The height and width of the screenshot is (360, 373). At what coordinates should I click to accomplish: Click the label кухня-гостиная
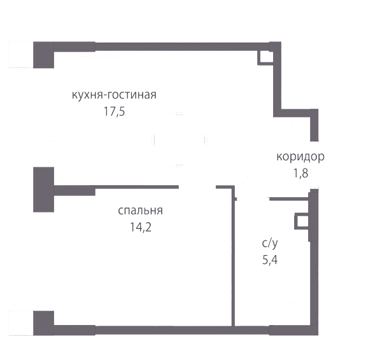tap(114, 95)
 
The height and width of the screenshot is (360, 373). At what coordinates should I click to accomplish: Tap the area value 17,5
tap(114, 111)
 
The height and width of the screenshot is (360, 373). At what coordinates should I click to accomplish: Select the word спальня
tap(140, 211)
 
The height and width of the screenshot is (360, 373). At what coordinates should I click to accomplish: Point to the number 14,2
tap(140, 227)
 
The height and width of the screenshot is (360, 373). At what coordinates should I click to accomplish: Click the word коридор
tap(300, 157)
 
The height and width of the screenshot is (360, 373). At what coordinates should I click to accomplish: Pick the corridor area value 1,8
tap(300, 174)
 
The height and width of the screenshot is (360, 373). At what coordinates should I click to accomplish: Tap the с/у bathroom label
tap(270, 244)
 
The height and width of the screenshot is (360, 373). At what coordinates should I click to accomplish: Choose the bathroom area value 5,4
tap(270, 260)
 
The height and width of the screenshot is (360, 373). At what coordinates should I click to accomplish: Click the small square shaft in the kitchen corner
tap(265, 58)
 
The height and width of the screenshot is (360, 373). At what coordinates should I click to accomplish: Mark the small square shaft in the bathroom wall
tap(302, 221)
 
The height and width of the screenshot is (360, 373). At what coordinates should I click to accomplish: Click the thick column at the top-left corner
tap(43, 55)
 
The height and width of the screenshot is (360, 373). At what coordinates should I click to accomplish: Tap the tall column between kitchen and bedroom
tap(43, 190)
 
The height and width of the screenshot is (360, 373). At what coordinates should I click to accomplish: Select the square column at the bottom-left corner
tap(43, 323)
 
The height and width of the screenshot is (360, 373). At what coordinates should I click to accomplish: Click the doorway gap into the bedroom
tap(197, 187)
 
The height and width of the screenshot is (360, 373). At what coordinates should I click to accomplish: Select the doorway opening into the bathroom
tap(253, 199)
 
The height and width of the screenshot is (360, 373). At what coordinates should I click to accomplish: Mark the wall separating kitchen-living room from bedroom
tap(116, 188)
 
